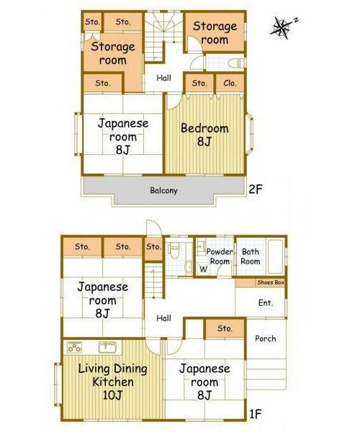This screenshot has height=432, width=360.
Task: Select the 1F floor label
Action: point(256,415)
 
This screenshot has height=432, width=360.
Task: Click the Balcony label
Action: point(163,191)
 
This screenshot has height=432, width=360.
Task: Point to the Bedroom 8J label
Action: point(204,135)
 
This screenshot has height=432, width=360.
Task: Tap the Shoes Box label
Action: point(271,283)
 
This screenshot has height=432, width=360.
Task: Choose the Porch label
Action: point(266,338)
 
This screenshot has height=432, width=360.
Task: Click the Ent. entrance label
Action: point(265,303)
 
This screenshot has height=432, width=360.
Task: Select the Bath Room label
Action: point(251,257)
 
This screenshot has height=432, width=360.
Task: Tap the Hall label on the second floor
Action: point(163,77)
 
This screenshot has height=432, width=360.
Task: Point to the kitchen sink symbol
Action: point(108,347)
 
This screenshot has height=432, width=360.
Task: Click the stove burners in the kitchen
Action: point(74,346)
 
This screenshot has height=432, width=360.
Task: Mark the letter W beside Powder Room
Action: point(203,270)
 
